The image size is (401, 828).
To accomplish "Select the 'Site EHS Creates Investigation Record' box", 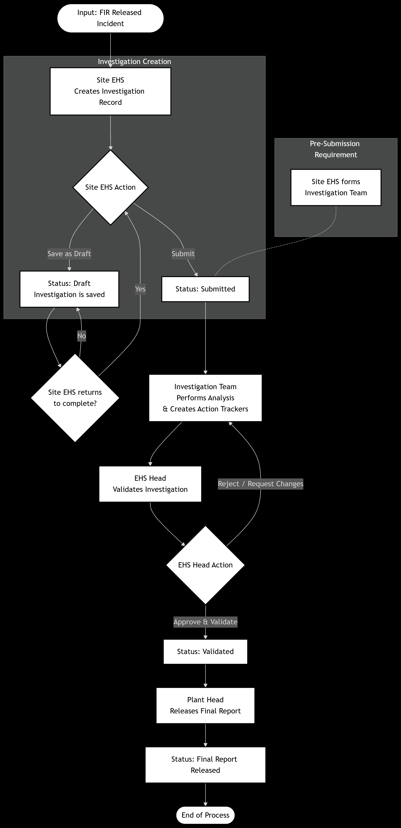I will pyautogui.click(x=110, y=91).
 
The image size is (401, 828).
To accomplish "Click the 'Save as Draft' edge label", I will pyautogui.click(x=69, y=254).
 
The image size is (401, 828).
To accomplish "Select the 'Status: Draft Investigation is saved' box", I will pyautogui.click(x=69, y=289).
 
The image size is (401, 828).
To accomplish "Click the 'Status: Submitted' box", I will pyautogui.click(x=205, y=289).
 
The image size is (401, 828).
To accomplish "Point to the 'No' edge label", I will pyautogui.click(x=81, y=336).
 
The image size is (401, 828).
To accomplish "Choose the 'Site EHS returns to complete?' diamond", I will pyautogui.click(x=75, y=398).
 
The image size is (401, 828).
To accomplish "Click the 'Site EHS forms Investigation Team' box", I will pyautogui.click(x=336, y=187).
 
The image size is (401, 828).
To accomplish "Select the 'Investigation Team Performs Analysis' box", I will pyautogui.click(x=205, y=398).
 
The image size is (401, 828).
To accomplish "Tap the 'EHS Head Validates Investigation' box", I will pyautogui.click(x=150, y=484).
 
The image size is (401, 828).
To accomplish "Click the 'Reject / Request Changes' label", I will pyautogui.click(x=260, y=484).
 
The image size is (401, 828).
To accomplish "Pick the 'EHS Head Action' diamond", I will pyautogui.click(x=205, y=565).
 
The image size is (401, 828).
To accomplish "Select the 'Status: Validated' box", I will pyautogui.click(x=205, y=652).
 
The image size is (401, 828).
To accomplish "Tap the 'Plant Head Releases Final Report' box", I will pyautogui.click(x=205, y=706).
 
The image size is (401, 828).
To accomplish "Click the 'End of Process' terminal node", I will pyautogui.click(x=205, y=815).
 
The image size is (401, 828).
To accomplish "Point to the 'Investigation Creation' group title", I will pyautogui.click(x=134, y=61).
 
